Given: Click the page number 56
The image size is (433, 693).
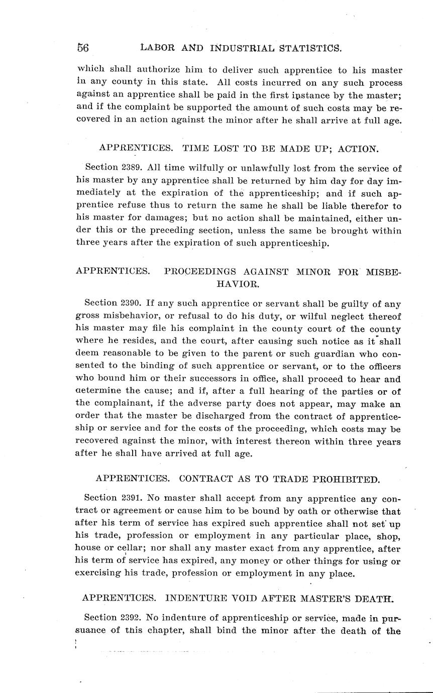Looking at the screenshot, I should click(83, 48).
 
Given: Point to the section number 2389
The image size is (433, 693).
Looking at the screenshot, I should click(132, 168).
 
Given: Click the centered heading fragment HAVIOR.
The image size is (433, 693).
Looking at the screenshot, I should click(238, 284).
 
